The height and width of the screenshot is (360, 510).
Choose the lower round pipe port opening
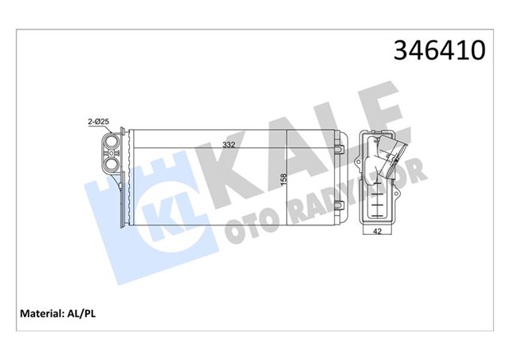pos(112,166)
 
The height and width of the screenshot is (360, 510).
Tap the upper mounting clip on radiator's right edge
pos(340,149)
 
